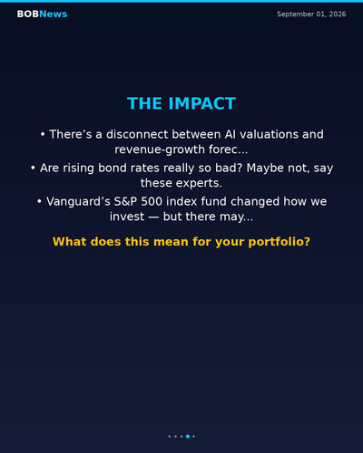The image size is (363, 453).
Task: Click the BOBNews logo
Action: [42, 14]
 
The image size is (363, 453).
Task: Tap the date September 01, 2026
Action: [311, 14]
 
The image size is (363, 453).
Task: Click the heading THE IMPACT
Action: [181, 103]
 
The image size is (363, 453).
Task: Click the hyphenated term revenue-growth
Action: [160, 149]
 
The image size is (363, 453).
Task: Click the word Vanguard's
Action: [78, 201]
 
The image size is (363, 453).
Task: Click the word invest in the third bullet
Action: [127, 217]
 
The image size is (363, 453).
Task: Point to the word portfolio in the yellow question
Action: [279, 242]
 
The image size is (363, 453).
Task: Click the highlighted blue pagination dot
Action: [188, 436]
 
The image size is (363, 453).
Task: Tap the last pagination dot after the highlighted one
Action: [193, 436]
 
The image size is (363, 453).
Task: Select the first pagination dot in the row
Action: [170, 436]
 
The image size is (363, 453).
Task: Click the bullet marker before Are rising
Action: [33, 168]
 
